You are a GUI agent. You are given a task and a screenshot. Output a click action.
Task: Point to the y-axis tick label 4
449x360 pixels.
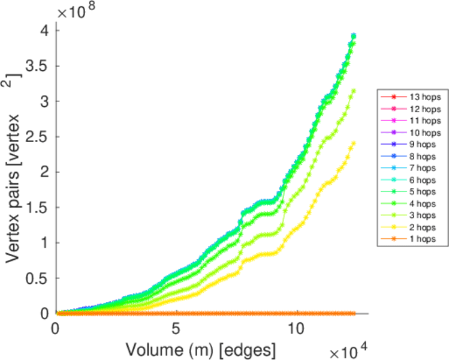coord(45,30)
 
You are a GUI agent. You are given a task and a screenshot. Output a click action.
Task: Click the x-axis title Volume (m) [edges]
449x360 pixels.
coord(201,347)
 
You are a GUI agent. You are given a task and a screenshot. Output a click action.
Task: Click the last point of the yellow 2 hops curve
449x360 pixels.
coord(354,143)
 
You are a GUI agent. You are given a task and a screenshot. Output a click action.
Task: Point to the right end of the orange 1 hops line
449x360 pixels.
coord(354,313)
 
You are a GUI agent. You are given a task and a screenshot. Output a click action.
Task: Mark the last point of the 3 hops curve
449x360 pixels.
coord(354,91)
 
